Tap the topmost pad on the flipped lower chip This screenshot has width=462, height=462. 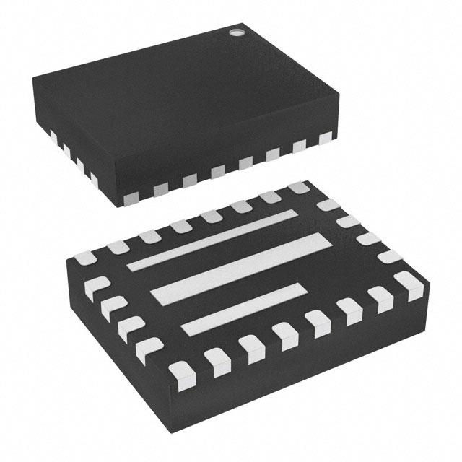[297, 188]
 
